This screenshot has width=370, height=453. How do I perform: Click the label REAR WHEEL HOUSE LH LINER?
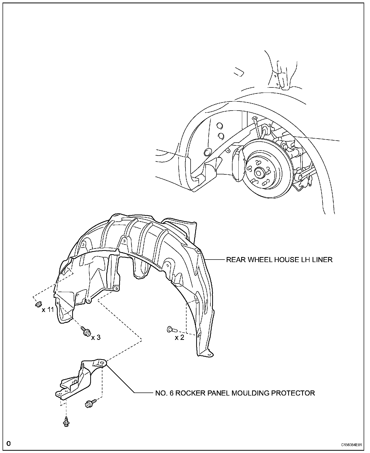coord(279,260)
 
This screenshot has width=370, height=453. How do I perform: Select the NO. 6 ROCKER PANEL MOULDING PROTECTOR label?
coord(235,393)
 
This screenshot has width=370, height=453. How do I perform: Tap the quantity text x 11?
coord(48,310)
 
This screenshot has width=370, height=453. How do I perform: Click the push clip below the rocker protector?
coord(66,421)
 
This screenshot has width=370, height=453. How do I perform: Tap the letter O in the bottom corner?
coord(8,444)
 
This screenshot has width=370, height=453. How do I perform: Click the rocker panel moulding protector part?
coord(76,381)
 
